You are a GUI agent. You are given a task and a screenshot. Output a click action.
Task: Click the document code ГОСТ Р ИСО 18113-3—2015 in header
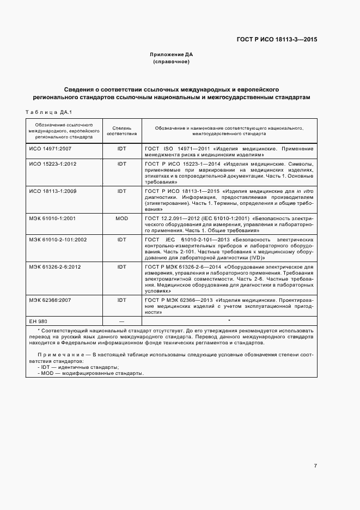coord(277,39)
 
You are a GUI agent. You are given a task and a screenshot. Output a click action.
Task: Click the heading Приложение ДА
coord(171,54)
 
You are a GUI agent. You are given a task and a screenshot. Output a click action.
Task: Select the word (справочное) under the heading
coord(171,62)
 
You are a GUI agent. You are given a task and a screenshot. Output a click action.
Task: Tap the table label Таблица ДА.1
coord(49,112)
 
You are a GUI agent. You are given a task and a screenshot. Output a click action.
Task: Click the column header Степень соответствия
coord(121,130)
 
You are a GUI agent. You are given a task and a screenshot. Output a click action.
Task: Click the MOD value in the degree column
coord(121,218)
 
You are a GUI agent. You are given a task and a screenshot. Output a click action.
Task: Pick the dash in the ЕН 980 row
coord(121,320)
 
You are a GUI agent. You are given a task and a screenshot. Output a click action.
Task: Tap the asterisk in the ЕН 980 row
coord(229,320)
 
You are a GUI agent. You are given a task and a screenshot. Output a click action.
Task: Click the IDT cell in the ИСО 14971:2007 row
coord(121,148)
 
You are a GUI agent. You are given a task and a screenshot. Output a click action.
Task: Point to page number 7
coord(315,465)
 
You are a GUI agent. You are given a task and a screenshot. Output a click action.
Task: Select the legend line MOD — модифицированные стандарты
coord(90,373)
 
